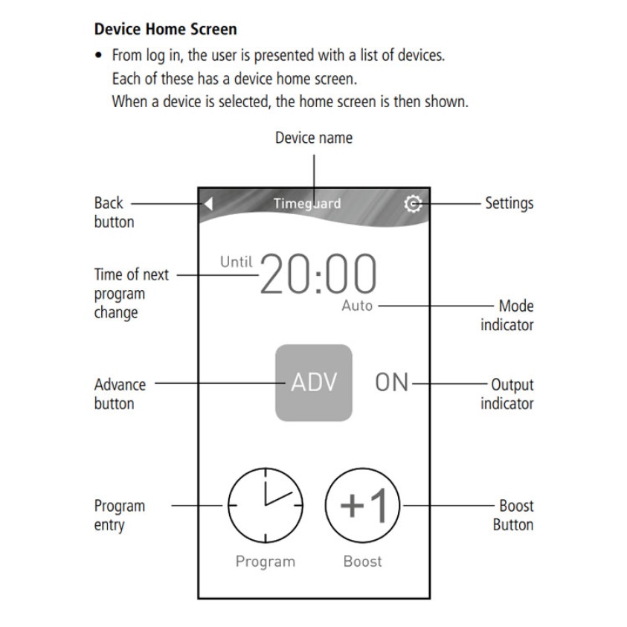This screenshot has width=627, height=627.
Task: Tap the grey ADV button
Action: (x=313, y=382)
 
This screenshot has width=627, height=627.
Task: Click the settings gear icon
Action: (x=411, y=204)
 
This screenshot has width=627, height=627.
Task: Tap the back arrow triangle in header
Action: (x=209, y=203)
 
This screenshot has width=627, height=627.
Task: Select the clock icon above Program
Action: (x=266, y=506)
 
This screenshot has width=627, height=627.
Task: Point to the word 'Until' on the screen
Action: (x=237, y=262)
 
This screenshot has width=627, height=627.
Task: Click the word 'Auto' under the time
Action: (x=357, y=306)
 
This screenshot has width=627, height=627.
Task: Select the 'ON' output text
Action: (x=392, y=382)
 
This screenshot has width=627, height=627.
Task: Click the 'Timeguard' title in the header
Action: (x=307, y=204)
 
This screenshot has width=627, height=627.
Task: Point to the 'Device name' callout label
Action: (x=314, y=138)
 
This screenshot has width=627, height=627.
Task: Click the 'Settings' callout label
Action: (x=509, y=203)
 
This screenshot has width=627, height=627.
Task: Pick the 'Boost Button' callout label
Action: (x=513, y=515)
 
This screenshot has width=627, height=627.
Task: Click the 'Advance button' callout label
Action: (x=119, y=394)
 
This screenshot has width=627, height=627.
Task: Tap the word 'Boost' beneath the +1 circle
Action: (x=363, y=561)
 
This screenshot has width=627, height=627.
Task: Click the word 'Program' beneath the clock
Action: (x=266, y=561)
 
